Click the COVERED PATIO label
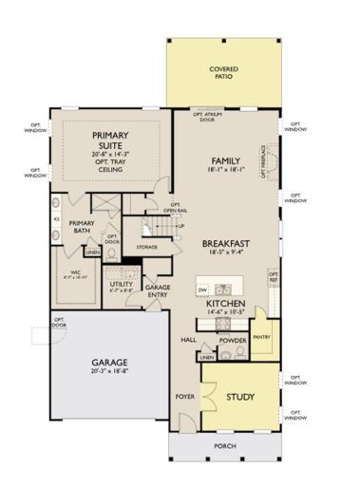pos(223,73)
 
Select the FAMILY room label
pos(224,160)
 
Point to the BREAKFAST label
pos(225,244)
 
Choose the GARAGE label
pos(110,364)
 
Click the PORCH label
pos(224,446)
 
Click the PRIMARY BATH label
pos(82,227)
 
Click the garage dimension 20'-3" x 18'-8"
pos(110,374)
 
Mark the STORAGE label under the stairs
pos(146,247)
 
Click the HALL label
pos(188,339)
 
